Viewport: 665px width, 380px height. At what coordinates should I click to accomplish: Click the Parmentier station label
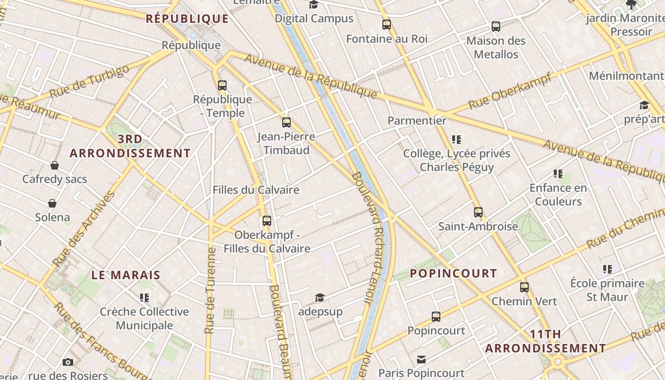[x=417, y=121]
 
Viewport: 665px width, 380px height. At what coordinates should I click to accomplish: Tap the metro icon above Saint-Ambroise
[x=478, y=212]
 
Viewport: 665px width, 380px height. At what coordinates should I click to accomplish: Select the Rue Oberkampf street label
[x=510, y=91]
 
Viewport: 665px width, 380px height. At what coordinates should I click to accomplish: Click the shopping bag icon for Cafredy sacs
[x=55, y=165]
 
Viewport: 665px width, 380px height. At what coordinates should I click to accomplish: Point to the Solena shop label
[x=52, y=218]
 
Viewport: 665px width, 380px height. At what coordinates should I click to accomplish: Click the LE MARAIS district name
[x=126, y=275]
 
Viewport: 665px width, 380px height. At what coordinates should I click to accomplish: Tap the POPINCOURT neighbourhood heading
[x=453, y=274]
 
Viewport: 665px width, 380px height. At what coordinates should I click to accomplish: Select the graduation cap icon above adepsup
[x=320, y=298]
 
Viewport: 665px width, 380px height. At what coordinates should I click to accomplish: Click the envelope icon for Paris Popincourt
[x=421, y=360]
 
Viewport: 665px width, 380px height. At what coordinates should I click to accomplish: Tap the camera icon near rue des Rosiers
[x=68, y=362]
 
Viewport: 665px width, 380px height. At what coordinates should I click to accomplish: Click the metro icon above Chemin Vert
[x=524, y=287]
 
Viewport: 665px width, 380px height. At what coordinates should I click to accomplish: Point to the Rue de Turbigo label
[x=89, y=82]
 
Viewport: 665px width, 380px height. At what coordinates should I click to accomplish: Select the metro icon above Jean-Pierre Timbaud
[x=286, y=123]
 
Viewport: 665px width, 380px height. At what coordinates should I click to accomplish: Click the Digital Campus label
[x=314, y=19]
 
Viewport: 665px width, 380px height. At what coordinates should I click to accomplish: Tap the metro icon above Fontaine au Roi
[x=387, y=25]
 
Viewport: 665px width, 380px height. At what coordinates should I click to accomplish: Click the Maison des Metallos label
[x=496, y=47]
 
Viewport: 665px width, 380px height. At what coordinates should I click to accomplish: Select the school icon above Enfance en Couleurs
[x=558, y=174]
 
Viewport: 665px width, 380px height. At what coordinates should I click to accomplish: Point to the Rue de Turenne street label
[x=210, y=290]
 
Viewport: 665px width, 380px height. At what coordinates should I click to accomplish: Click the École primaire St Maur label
[x=607, y=290]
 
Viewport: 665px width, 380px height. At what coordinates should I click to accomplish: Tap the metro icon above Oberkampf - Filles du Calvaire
[x=267, y=221]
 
